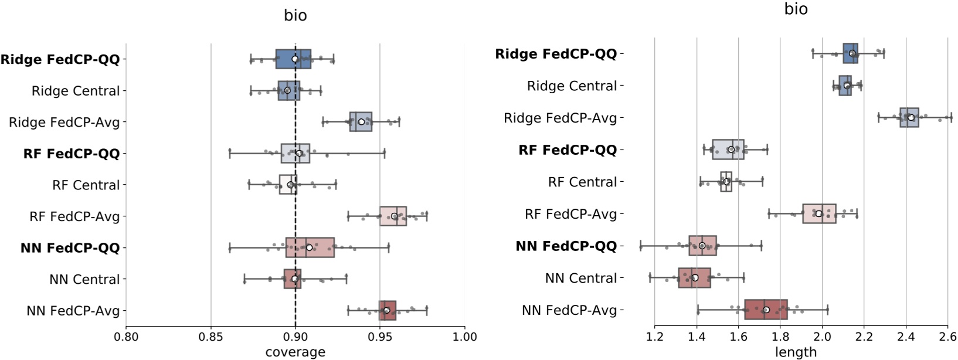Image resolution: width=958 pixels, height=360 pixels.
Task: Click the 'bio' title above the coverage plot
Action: pyautogui.click(x=295, y=15)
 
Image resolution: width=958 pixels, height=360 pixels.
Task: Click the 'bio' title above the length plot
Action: pyautogui.click(x=796, y=9)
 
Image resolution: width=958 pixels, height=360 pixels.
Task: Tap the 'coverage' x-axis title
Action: pyautogui.click(x=295, y=352)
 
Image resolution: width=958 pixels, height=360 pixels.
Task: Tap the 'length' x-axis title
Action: pyautogui.click(x=796, y=352)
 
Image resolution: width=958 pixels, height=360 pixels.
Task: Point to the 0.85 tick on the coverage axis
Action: pyautogui.click(x=210, y=337)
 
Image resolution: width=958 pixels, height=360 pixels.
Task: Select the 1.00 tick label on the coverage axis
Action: pyautogui.click(x=464, y=337)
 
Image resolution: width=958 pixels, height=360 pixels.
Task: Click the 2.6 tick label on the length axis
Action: pyautogui.click(x=947, y=337)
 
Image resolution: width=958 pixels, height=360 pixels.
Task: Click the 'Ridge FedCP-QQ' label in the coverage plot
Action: pyautogui.click(x=60, y=59)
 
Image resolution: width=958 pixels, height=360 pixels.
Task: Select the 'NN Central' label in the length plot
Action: pyautogui.click(x=580, y=278)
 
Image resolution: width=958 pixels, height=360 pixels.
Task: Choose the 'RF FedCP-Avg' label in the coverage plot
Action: pyautogui.click(x=74, y=216)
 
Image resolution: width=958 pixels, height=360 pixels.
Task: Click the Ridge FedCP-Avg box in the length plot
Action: pyautogui.click(x=909, y=117)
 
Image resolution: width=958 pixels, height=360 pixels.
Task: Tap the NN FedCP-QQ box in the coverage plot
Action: pyautogui.click(x=310, y=247)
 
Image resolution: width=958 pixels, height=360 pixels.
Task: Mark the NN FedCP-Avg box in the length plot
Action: pyautogui.click(x=766, y=310)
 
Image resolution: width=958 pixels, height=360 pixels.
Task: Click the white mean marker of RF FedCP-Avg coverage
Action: pyautogui.click(x=394, y=216)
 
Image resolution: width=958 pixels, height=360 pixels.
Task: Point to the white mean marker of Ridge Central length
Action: pyautogui.click(x=847, y=86)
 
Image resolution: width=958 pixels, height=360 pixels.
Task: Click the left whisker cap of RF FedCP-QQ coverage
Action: pyautogui.click(x=229, y=154)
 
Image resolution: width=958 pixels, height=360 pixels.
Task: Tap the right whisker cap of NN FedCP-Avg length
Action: pyautogui.click(x=827, y=310)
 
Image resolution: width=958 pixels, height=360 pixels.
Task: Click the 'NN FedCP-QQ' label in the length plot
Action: pyautogui.click(x=566, y=246)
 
